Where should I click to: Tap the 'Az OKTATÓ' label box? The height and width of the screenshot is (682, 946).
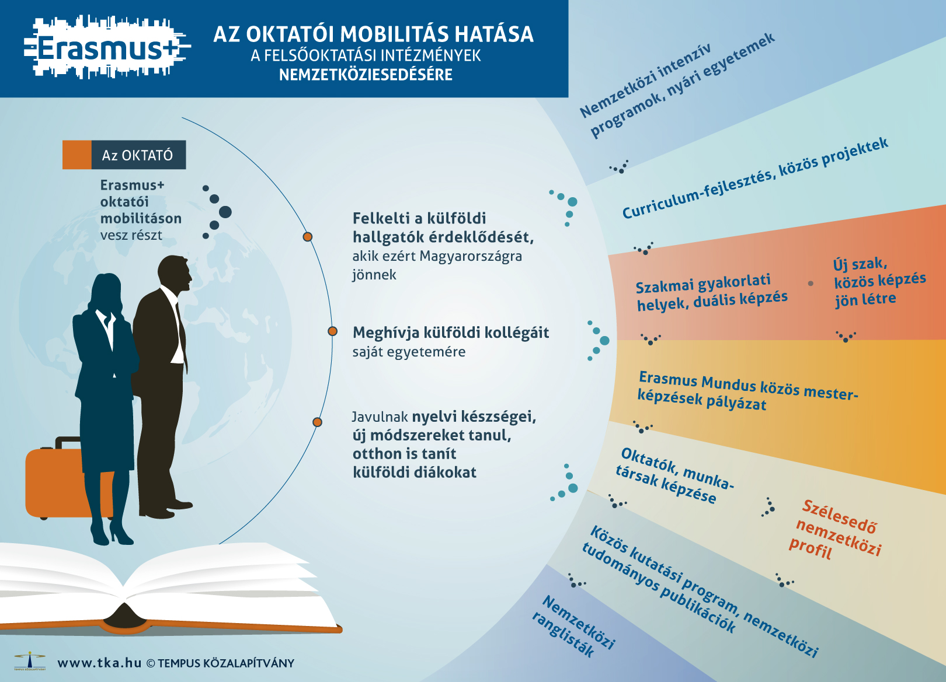(x=124, y=155)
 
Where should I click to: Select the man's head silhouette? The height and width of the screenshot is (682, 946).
(x=175, y=274)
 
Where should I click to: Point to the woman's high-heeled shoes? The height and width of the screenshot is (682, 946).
(x=112, y=533)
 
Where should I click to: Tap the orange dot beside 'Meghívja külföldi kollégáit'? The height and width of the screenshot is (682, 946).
(x=333, y=331)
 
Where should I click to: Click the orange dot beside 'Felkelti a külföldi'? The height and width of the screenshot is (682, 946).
(x=307, y=237)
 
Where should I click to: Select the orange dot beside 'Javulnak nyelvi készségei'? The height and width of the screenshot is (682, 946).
(x=317, y=422)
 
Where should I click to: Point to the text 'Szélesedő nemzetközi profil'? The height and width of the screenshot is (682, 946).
(x=836, y=530)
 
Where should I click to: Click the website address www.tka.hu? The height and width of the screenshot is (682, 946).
(x=100, y=663)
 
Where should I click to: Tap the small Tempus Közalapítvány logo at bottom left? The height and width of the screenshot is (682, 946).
(x=30, y=661)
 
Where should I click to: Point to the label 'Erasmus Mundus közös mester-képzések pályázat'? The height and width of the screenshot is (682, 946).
(x=747, y=391)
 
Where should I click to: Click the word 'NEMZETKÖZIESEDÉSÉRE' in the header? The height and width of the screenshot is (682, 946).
(x=366, y=75)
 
